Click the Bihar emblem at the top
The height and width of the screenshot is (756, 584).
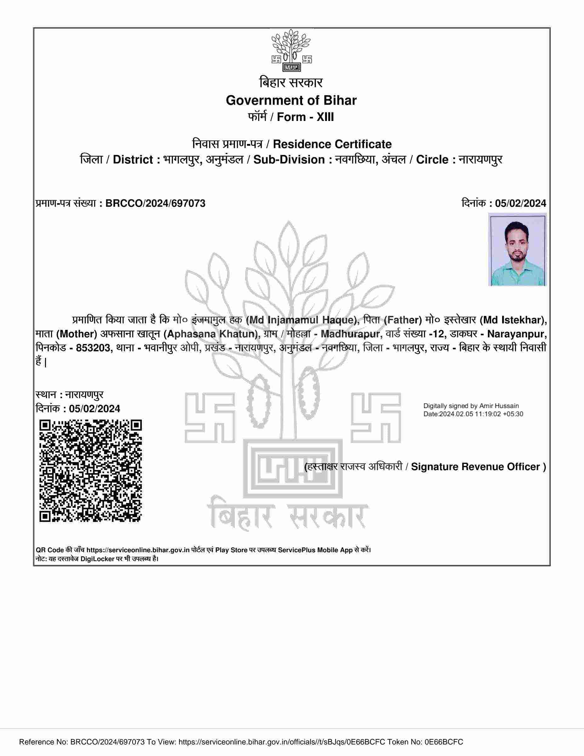[291, 50]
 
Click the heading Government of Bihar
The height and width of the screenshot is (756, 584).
[291, 100]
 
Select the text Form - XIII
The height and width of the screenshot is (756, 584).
[305, 117]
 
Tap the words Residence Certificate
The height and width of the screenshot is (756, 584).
[332, 144]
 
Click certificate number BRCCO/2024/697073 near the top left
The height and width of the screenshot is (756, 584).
[155, 203]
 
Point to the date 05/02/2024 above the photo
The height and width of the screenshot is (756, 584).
[520, 203]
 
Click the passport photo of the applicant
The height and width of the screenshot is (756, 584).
[517, 249]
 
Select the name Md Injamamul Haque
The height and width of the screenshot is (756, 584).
[301, 320]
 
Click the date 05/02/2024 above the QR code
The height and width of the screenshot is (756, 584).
[94, 409]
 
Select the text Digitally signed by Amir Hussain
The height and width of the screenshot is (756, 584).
[471, 406]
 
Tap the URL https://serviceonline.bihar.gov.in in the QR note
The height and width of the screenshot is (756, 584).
[138, 550]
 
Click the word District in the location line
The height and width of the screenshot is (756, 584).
[133, 160]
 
